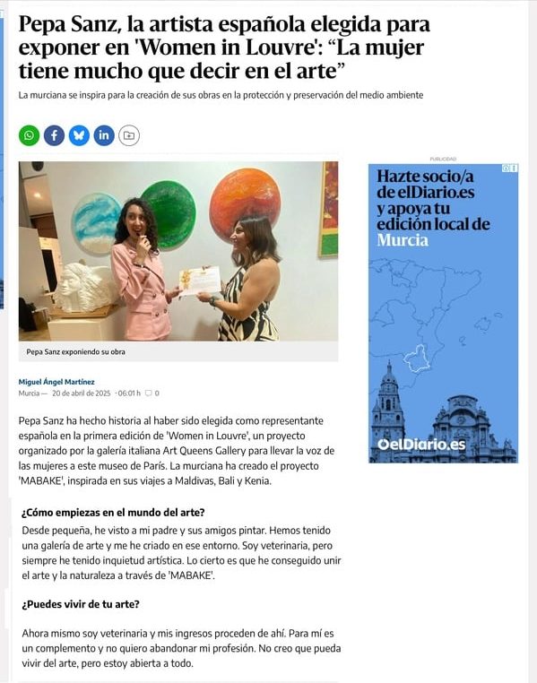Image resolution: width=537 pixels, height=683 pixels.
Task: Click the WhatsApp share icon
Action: coord(30,135)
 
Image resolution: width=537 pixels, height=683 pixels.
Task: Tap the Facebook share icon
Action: coord(54,135)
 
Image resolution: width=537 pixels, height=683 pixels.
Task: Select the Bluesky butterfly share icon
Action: coord(79,135)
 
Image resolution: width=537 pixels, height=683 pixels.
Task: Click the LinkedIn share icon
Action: coord(104,135)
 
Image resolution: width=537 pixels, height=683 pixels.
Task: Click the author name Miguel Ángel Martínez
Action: coord(57,381)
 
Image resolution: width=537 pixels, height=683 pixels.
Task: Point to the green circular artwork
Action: coord(168,215)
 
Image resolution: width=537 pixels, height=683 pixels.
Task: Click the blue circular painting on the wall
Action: coord(96,223)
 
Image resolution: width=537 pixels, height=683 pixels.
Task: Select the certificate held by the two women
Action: coord(199,281)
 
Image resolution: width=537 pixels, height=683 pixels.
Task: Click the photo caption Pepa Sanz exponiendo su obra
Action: coord(76,351)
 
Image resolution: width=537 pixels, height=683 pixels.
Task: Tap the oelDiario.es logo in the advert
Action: coord(420,445)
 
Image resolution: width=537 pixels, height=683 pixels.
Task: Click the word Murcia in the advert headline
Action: coord(403,240)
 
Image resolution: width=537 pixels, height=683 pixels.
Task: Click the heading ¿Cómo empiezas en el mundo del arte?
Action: coord(113,513)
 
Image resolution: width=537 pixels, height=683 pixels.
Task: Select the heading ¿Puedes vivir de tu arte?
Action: coord(81,603)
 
